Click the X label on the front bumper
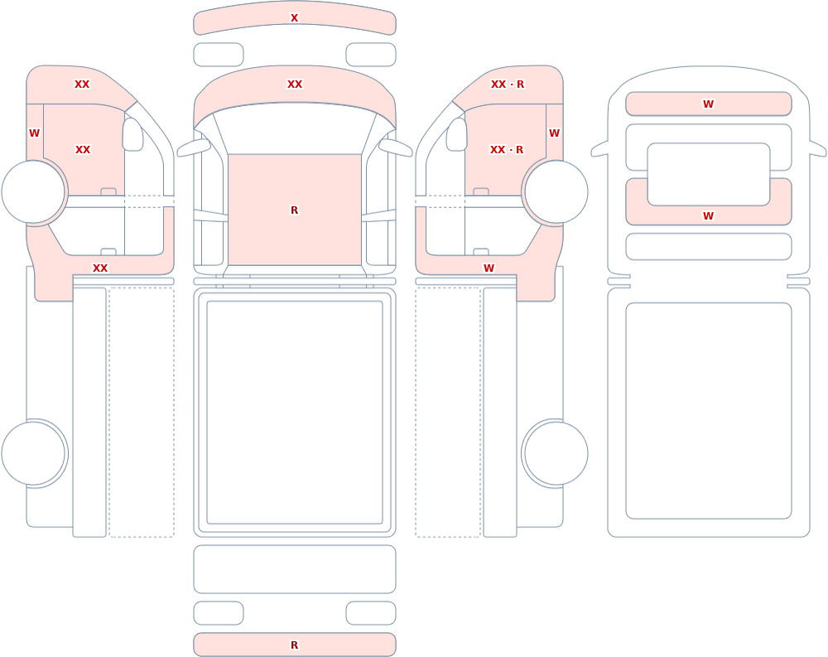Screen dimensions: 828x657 click(294, 18)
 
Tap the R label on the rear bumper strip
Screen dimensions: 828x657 click(294, 645)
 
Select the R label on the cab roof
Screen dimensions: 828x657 click(294, 210)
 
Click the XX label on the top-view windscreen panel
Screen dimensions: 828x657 click(294, 84)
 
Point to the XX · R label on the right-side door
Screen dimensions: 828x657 click(507, 150)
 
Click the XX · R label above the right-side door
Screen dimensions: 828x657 click(507, 84)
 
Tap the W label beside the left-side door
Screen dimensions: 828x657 click(34, 133)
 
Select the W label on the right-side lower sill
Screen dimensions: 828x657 click(489, 268)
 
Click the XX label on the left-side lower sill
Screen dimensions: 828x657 click(100, 268)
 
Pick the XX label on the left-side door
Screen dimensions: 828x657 click(83, 150)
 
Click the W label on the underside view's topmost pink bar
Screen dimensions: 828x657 click(708, 104)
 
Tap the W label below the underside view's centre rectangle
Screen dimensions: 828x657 click(708, 215)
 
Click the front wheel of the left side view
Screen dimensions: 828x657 click(33, 192)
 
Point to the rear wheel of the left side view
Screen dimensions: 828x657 click(33, 453)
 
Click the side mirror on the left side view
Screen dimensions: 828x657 click(132, 134)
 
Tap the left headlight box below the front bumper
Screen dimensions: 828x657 click(219, 55)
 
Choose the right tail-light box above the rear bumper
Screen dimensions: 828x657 click(371, 613)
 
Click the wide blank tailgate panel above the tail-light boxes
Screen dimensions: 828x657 click(295, 569)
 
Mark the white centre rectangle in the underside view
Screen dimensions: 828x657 click(708, 174)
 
